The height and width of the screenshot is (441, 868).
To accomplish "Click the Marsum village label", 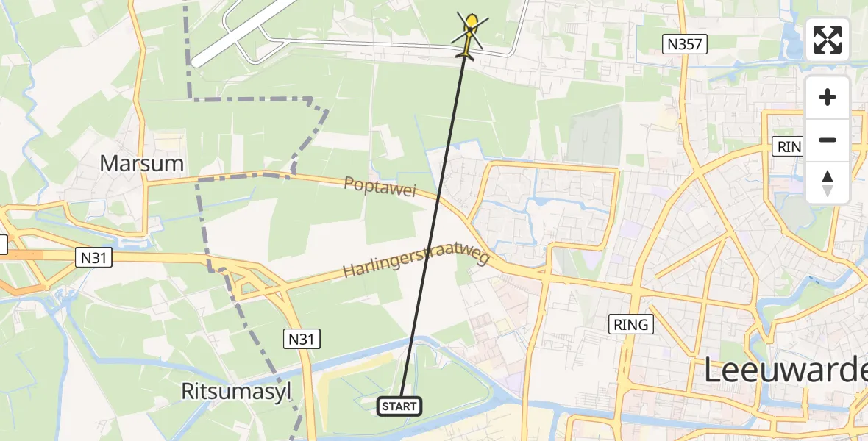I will tap(142, 162).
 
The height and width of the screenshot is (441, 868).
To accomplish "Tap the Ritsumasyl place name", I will tap(237, 392).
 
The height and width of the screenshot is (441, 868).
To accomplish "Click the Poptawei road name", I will tap(380, 186).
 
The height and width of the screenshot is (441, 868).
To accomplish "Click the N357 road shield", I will tap(684, 44).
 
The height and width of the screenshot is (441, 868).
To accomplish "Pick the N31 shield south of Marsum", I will tap(93, 257).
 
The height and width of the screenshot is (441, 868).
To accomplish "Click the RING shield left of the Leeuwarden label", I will tap(631, 323).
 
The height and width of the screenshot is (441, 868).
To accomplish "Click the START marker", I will tap(399, 406).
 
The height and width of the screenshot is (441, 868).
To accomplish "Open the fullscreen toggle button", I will tap(828, 40).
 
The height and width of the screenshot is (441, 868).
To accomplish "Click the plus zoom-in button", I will tap(828, 97).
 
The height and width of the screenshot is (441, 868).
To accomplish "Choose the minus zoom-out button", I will tap(828, 140).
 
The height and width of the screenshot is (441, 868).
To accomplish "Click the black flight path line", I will tap(434, 220).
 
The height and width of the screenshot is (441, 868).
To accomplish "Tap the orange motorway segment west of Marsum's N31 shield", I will tap(29, 255).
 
